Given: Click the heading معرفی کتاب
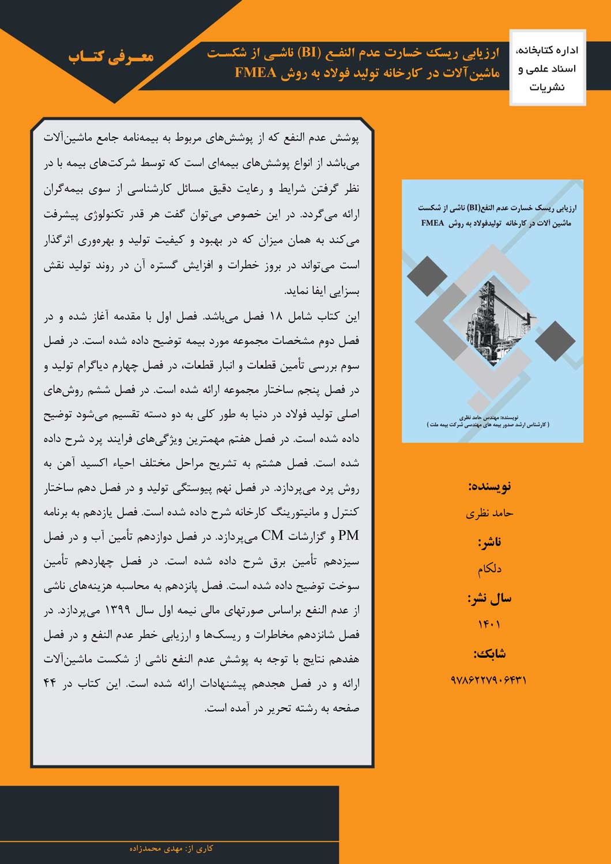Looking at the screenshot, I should point(111,56).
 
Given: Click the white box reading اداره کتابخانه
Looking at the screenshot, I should point(547,68).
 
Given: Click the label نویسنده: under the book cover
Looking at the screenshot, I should point(489,486).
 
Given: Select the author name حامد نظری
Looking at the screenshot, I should point(489,513).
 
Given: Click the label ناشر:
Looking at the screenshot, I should point(489,542).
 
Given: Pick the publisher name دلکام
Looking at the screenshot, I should point(489,569).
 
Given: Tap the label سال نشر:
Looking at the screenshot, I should point(489,598).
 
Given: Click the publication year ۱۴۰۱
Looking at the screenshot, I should point(489,624).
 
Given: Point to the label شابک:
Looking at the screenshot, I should point(489,653).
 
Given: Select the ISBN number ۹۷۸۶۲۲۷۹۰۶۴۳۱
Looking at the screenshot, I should point(489,680).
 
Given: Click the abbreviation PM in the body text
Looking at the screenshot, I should point(349,536).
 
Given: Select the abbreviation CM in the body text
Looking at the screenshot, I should point(272,536).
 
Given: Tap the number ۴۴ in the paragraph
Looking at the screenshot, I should point(50,684).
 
